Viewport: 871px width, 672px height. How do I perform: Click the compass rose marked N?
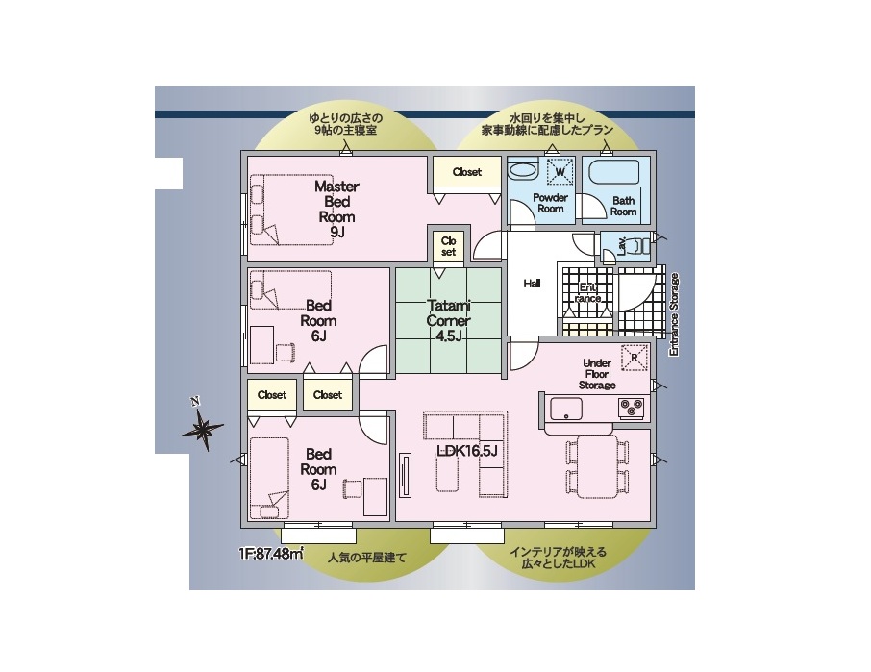click(x=202, y=428)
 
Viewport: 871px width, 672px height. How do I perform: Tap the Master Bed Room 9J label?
click(x=336, y=209)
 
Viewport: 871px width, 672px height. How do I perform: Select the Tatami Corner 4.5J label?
click(x=448, y=320)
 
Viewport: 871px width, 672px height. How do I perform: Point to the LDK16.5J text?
click(x=466, y=451)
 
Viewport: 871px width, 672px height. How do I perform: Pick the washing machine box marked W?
click(x=560, y=172)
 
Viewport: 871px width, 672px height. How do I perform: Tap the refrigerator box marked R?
click(x=635, y=357)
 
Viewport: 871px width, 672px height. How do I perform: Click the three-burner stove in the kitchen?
click(x=633, y=409)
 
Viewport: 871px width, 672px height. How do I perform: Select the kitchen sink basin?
click(x=566, y=410)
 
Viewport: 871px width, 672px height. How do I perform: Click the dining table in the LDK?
click(x=597, y=466)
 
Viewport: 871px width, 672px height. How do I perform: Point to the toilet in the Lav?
click(x=637, y=246)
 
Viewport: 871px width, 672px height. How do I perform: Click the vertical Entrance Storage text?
click(x=674, y=314)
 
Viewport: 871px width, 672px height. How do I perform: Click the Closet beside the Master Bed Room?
click(x=466, y=172)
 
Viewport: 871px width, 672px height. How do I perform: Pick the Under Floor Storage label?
click(x=597, y=374)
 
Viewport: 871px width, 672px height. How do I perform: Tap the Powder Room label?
click(x=551, y=203)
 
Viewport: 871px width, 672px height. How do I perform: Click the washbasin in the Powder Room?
click(x=522, y=169)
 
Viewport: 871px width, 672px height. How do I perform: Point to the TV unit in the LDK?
click(x=405, y=475)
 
